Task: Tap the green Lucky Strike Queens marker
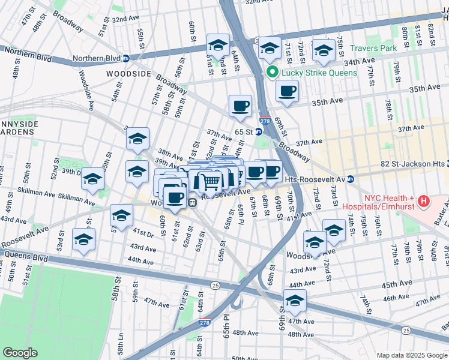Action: [x=271, y=73]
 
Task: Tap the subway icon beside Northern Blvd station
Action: [x=126, y=59]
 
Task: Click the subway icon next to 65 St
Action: [x=258, y=131]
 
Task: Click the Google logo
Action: [x=19, y=353]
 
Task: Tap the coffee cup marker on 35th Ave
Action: [x=287, y=91]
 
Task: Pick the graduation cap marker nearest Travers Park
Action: [x=324, y=51]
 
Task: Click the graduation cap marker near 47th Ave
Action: [x=295, y=301]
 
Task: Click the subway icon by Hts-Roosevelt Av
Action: [x=351, y=179]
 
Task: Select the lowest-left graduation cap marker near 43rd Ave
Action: [x=83, y=240]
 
